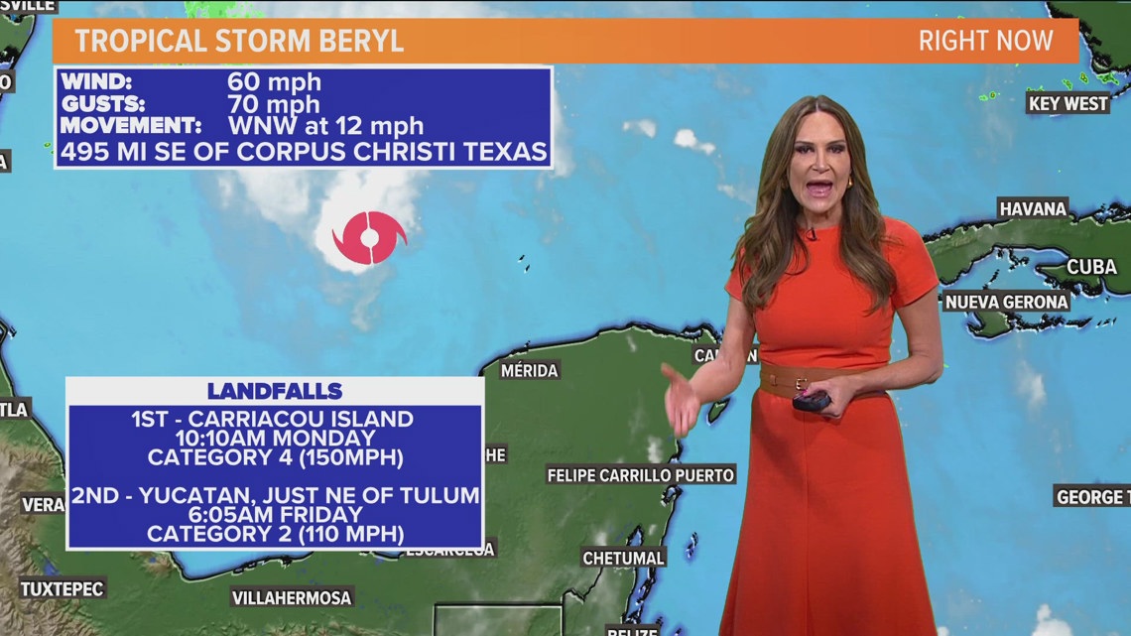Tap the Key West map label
click(x=1068, y=103)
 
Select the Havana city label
click(x=1033, y=208)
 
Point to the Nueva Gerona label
click(x=1006, y=302)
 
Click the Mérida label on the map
click(x=529, y=370)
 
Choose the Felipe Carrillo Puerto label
click(x=641, y=475)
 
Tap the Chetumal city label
click(x=623, y=558)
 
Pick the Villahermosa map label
click(x=292, y=597)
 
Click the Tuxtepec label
click(x=62, y=588)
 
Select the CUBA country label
click(x=1091, y=267)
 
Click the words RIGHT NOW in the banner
click(x=984, y=42)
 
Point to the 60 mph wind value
click(x=274, y=82)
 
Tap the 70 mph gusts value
click(x=274, y=104)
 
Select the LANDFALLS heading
click(x=275, y=391)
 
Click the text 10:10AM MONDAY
click(x=276, y=438)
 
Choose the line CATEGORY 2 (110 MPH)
click(x=276, y=534)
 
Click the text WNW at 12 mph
click(x=325, y=126)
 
